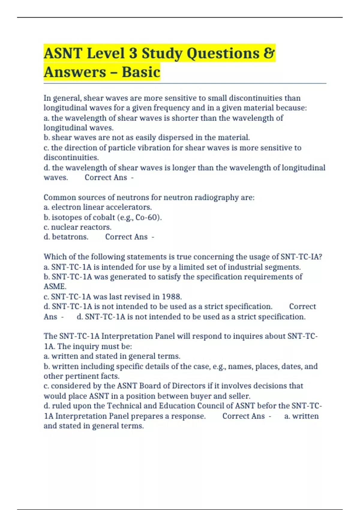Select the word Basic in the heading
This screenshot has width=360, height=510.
[141, 72]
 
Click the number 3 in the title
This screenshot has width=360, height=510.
[133, 53]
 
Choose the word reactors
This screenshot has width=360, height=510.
[96, 227]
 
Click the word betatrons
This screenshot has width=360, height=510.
[70, 237]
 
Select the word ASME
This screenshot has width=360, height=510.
[55, 286]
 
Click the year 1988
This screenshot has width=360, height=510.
[172, 297]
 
